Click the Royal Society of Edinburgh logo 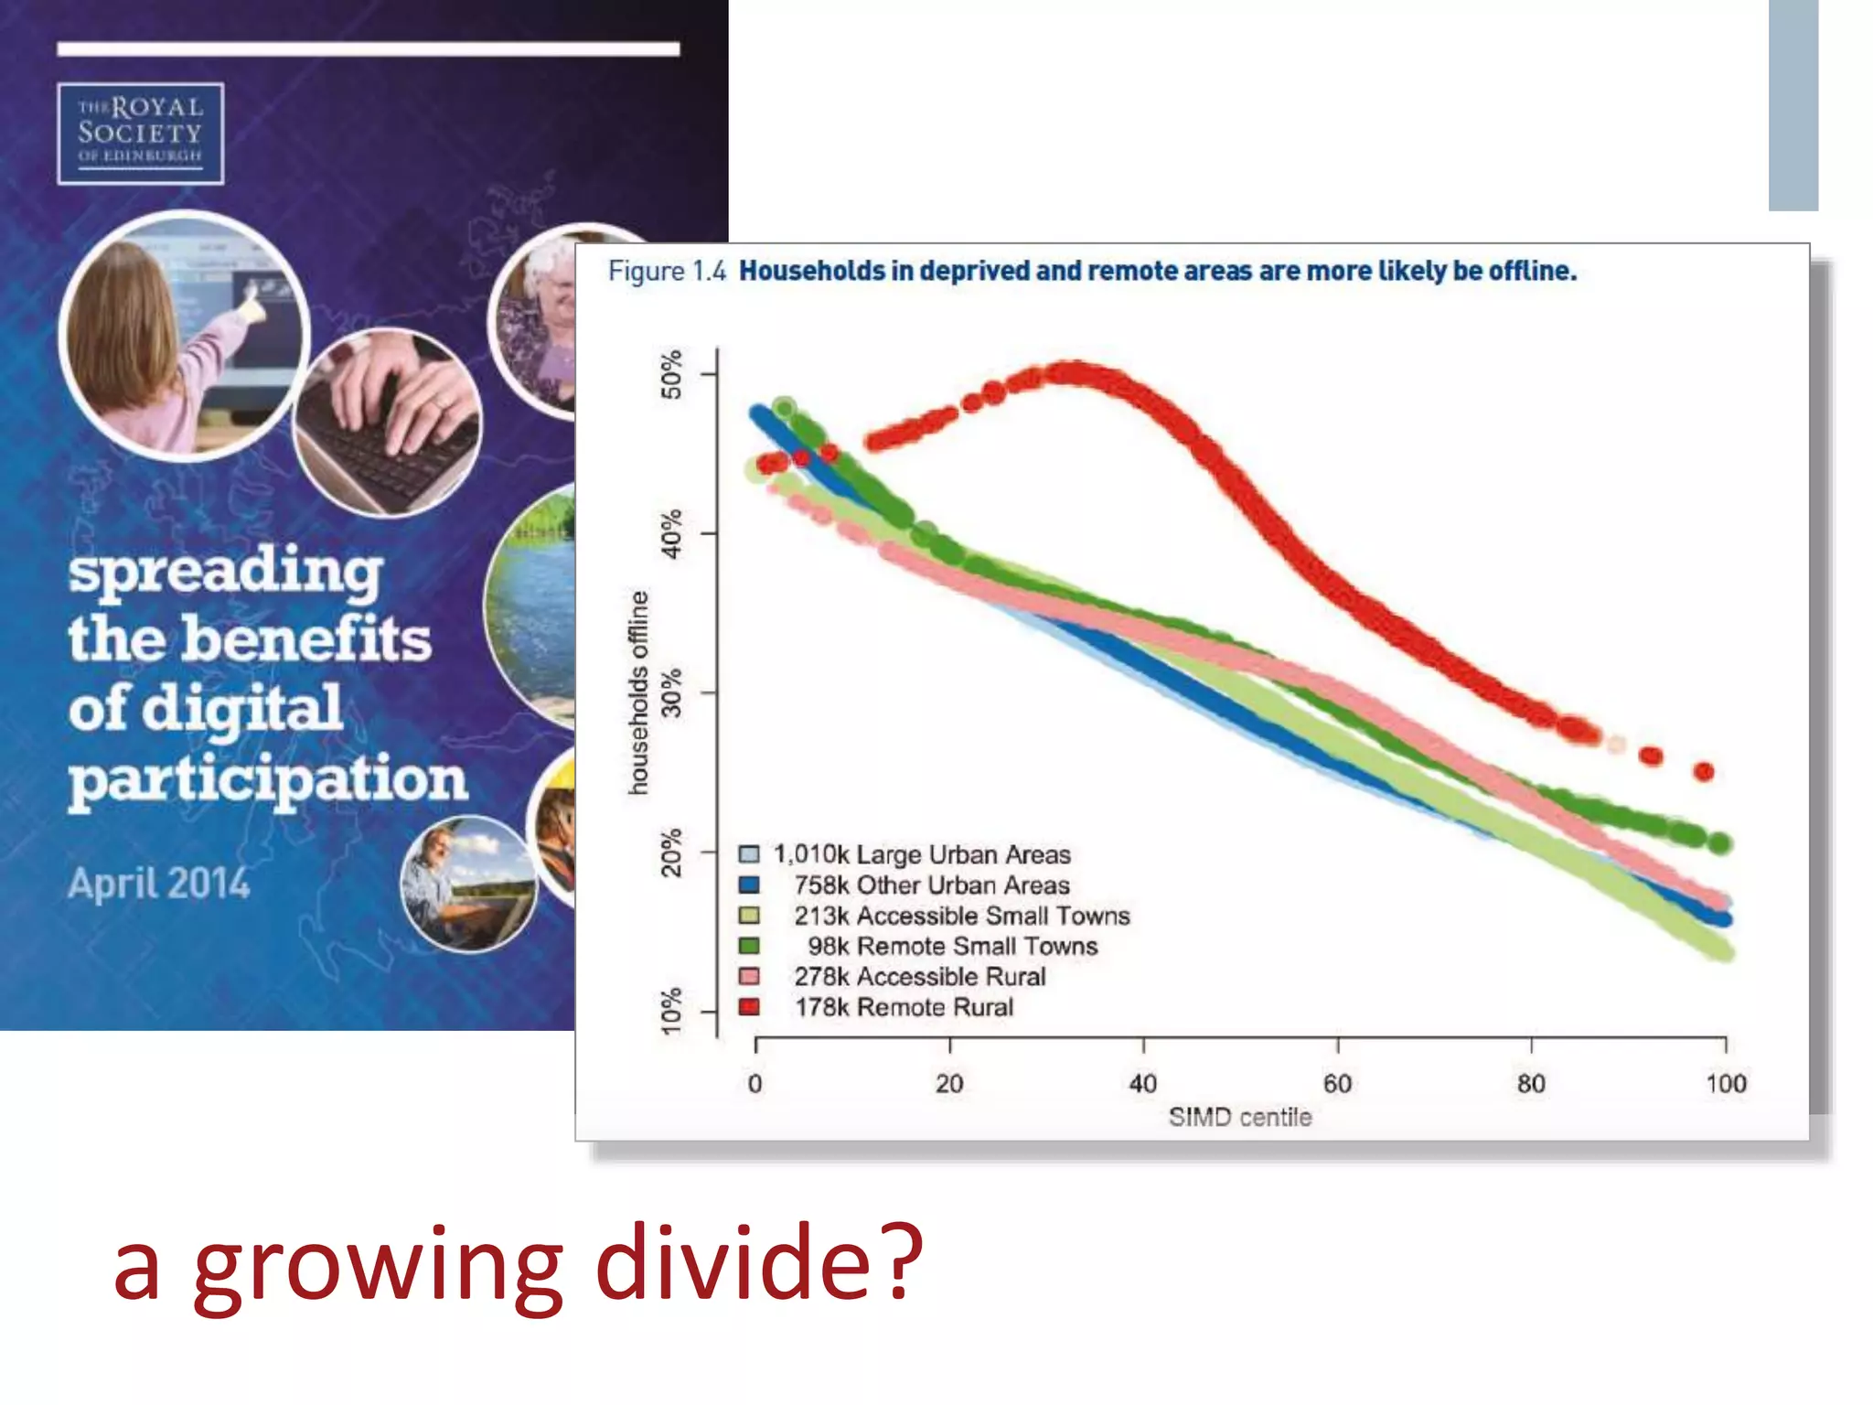[140, 134]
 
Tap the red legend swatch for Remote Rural [749, 1007]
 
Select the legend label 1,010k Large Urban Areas [922, 854]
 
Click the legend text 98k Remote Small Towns [952, 946]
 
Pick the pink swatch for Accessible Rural [749, 976]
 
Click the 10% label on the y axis [671, 1011]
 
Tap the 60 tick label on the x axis [1337, 1084]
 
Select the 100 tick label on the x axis [1726, 1084]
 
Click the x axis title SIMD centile [1240, 1117]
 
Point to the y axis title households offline [638, 692]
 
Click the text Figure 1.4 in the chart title [667, 271]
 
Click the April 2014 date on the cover [158, 884]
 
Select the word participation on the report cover [267, 779]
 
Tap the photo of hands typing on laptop [388, 423]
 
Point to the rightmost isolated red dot [1704, 771]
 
